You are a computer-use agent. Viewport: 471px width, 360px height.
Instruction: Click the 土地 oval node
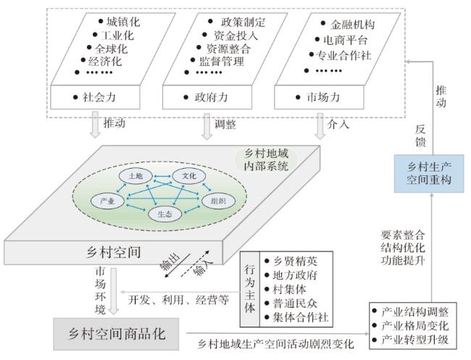[x=136, y=176]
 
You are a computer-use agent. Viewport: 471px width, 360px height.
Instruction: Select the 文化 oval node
[x=188, y=176]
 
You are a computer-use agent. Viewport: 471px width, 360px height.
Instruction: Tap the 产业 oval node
[x=107, y=201]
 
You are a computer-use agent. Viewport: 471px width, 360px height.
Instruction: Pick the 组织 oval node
[x=218, y=201]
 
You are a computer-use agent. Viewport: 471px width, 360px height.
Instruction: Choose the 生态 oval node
[x=165, y=214]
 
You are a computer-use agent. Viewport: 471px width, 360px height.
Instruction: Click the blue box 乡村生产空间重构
[x=429, y=173]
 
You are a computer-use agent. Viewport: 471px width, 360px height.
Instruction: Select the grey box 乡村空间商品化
[x=116, y=334]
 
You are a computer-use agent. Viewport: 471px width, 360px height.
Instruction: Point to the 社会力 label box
[x=95, y=97]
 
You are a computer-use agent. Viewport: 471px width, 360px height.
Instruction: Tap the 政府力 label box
[x=207, y=97]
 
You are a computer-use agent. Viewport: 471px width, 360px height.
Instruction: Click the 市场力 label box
[x=319, y=97]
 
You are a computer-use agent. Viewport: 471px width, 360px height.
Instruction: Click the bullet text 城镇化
[x=123, y=22]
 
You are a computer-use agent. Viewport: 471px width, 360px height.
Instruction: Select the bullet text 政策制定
[x=243, y=22]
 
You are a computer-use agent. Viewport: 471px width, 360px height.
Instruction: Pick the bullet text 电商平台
[x=346, y=40]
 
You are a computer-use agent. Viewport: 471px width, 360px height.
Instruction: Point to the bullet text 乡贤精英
[x=295, y=261]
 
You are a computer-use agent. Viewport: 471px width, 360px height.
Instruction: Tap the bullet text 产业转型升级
[x=414, y=340]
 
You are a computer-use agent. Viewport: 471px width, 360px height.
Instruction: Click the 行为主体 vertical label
[x=249, y=289]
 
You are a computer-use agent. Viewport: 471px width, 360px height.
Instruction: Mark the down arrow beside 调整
[x=207, y=127]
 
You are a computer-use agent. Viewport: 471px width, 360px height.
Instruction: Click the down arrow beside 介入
[x=320, y=127]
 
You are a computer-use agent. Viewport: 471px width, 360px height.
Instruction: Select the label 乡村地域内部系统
[x=266, y=160]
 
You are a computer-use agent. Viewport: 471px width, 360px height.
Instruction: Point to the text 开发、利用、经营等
[x=179, y=300]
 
